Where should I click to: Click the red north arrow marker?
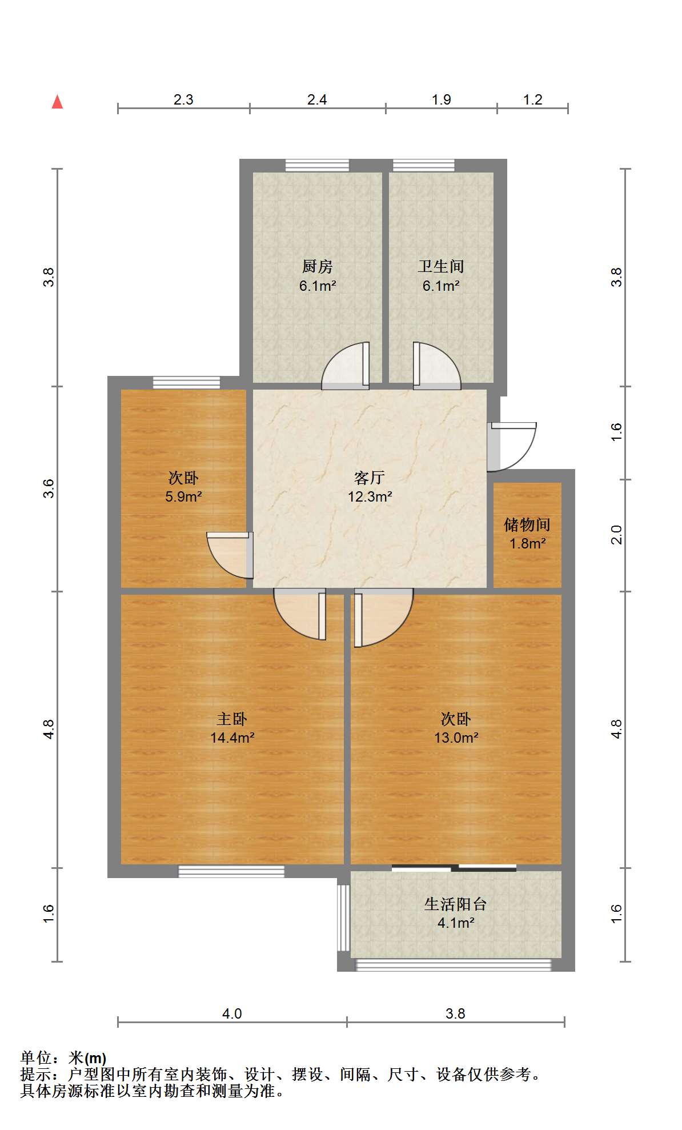click(57, 102)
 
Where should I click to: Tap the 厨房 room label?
click(317, 266)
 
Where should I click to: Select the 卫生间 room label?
click(440, 266)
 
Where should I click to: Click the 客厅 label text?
click(370, 477)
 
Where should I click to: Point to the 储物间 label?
click(527, 524)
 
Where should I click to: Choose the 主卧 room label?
click(232, 719)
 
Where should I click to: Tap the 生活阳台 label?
click(455, 904)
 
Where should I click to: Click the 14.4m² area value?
click(232, 738)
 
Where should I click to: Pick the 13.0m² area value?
click(456, 738)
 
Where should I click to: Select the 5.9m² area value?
click(183, 496)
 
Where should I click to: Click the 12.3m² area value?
click(370, 496)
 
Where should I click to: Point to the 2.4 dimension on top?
click(317, 100)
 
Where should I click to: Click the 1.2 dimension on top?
click(532, 100)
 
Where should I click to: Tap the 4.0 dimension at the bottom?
click(232, 1014)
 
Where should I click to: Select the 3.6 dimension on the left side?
click(49, 488)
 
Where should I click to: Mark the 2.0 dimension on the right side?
click(616, 535)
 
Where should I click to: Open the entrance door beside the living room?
click(512, 447)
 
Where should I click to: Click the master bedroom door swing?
click(300, 614)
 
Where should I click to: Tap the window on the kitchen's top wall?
click(317, 166)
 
